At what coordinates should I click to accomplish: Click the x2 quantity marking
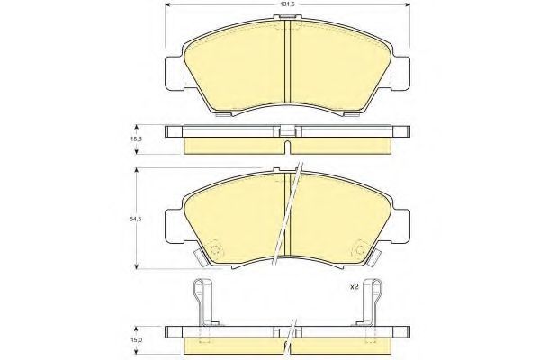(355, 286)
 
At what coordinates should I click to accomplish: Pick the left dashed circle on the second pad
(216, 249)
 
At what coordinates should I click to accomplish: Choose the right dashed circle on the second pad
(360, 249)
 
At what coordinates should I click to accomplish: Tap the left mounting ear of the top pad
(175, 74)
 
